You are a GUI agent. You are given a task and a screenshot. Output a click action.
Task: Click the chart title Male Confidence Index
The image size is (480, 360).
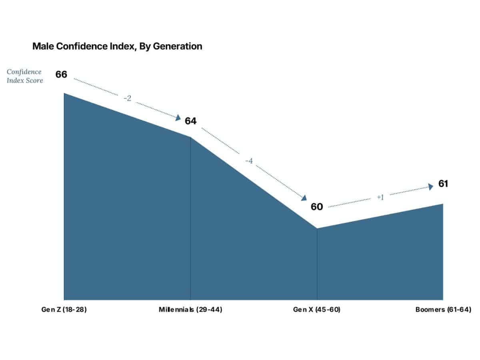pyautogui.click(x=117, y=46)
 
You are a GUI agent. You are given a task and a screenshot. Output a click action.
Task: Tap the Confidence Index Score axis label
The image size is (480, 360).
pyautogui.click(x=25, y=76)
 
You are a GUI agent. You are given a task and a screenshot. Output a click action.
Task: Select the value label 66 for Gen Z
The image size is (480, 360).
pyautogui.click(x=61, y=74)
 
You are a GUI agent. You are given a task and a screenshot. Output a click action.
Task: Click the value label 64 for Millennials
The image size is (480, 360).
pyautogui.click(x=190, y=121)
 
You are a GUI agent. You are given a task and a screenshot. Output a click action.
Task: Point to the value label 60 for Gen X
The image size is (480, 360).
pyautogui.click(x=316, y=207)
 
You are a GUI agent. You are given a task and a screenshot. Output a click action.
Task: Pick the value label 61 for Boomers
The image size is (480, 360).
pyautogui.click(x=443, y=184)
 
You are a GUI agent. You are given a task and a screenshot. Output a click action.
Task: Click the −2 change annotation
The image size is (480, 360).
pyautogui.click(x=127, y=98)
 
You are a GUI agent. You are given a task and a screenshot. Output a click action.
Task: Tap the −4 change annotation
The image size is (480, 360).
pyautogui.click(x=249, y=161)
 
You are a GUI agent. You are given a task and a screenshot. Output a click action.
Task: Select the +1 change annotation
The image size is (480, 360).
pyautogui.click(x=380, y=197)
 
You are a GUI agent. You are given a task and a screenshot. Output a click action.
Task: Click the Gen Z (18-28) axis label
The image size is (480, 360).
pyautogui.click(x=64, y=310)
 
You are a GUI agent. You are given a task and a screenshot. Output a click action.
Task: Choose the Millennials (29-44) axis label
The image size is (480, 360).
pyautogui.click(x=190, y=310)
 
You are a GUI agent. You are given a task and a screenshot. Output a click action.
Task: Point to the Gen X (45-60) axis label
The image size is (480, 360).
pyautogui.click(x=317, y=310)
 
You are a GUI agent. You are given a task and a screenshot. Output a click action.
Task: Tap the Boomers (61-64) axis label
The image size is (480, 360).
pyautogui.click(x=443, y=310)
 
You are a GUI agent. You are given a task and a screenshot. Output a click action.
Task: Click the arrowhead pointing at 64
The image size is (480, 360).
pyautogui.click(x=178, y=117)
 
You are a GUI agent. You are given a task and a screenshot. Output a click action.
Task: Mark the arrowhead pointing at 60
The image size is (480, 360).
pyautogui.click(x=304, y=198)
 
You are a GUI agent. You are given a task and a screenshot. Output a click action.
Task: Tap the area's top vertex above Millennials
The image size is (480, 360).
pyautogui.click(x=190, y=137)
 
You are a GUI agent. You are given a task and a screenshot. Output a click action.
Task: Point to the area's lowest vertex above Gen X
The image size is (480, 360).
pyautogui.click(x=317, y=229)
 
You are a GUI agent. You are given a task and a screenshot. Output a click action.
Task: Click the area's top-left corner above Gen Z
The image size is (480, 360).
pyautogui.click(x=64, y=94)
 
